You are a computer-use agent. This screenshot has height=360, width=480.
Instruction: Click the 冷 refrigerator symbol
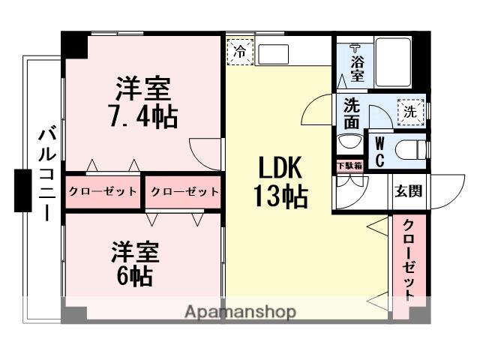pos(240,52)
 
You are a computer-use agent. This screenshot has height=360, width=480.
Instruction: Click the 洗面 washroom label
pos(351,112)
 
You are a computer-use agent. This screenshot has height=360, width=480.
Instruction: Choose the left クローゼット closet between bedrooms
pos(103,191)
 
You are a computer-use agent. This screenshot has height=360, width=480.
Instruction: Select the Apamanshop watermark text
pos(240,311)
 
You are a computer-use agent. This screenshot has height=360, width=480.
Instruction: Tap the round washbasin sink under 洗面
pos(349,141)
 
